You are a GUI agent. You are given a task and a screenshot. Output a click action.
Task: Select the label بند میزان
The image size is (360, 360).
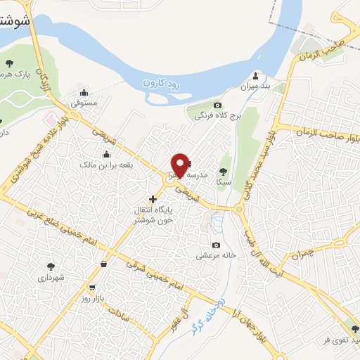255,86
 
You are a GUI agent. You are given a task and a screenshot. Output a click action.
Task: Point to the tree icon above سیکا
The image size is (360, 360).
223,171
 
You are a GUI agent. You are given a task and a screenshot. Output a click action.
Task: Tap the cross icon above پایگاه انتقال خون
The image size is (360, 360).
153,199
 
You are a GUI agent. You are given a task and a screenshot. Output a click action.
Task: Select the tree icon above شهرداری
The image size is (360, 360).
51,266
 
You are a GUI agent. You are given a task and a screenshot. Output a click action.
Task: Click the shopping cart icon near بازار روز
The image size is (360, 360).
92,288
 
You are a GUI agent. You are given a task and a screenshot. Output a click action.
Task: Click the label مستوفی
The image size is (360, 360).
84,103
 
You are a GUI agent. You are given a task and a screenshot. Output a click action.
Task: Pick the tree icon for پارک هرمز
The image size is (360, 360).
9,63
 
